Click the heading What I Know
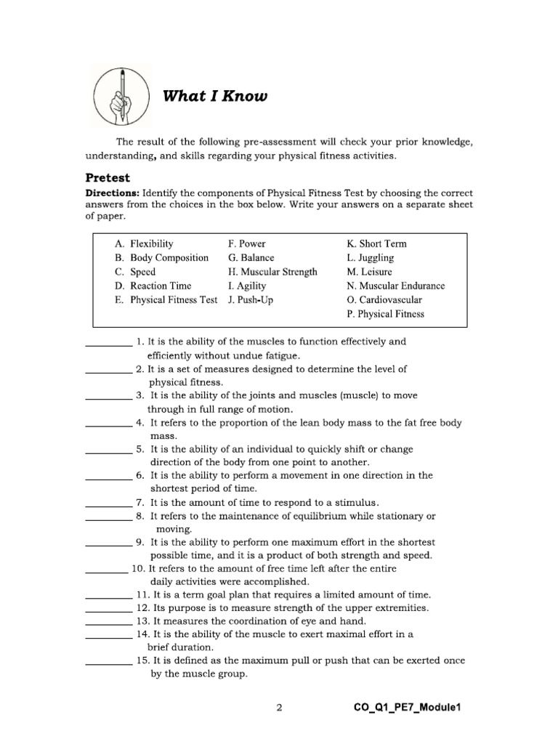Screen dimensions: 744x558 (214, 96)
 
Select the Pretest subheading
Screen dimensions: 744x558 (108, 177)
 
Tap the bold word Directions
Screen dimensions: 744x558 (113, 193)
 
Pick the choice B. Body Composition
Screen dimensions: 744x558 (161, 258)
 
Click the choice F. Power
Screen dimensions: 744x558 (247, 244)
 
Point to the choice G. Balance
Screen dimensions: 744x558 (251, 258)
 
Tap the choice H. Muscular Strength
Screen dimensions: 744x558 (272, 272)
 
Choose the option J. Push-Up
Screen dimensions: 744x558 (251, 299)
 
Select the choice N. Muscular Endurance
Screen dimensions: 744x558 (396, 286)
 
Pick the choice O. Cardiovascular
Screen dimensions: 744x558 (384, 299)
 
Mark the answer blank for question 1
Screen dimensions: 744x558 (109, 344)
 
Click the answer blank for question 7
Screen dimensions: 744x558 (109, 506)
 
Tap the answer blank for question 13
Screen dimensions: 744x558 (109, 624)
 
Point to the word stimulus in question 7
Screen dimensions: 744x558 (355, 502)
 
